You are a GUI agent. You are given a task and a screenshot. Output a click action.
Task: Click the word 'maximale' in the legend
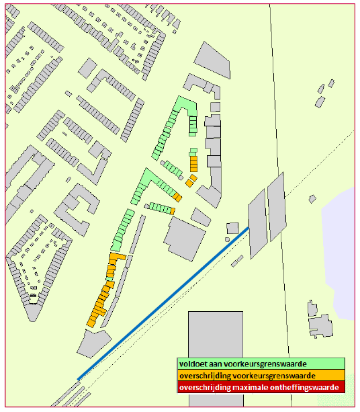click(x=251, y=388)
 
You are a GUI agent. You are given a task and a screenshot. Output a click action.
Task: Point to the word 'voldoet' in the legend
click(x=193, y=364)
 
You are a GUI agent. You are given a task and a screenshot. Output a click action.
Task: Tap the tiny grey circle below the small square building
click(x=227, y=239)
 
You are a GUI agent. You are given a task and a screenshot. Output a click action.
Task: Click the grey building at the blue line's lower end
click(x=93, y=343)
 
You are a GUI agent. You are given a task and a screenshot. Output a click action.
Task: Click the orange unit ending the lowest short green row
click(x=173, y=211)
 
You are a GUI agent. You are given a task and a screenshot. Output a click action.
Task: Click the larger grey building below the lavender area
click(x=321, y=327)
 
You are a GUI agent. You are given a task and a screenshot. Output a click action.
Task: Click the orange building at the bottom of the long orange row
click(x=92, y=321)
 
